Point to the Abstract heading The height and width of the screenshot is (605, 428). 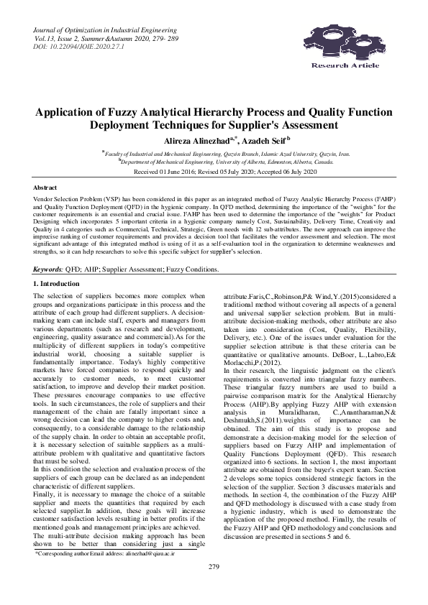pos(45,187)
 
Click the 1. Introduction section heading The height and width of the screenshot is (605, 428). pos(59,265)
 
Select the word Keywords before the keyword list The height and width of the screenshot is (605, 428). pos(47,249)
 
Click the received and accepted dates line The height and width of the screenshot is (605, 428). pos(214,173)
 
